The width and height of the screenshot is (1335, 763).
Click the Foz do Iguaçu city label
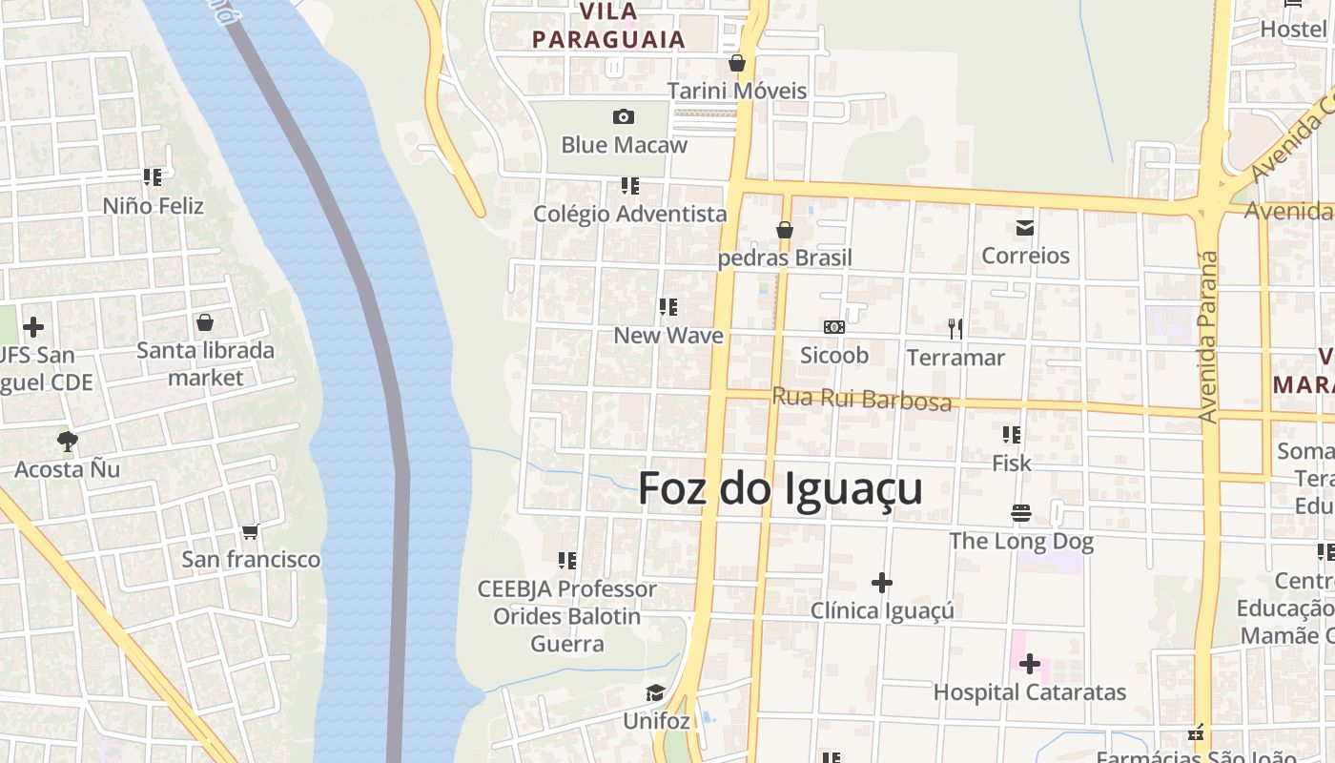click(x=780, y=488)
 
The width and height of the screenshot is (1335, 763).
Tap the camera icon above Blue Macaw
click(x=624, y=116)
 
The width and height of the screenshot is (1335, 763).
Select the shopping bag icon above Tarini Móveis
click(x=736, y=63)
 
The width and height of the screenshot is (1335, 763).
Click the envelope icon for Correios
click(x=1025, y=227)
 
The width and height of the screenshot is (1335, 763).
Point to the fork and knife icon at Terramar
click(x=955, y=329)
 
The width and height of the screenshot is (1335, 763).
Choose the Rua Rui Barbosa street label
click(x=861, y=399)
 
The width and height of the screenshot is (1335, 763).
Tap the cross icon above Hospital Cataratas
click(x=1030, y=663)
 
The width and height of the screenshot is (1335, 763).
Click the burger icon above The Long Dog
click(x=1021, y=513)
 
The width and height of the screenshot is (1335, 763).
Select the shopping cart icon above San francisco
click(x=251, y=530)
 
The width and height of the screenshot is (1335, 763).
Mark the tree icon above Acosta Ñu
click(x=67, y=441)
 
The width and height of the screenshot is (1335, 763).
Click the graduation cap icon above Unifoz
click(x=655, y=692)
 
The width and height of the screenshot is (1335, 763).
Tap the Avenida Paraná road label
click(x=1208, y=336)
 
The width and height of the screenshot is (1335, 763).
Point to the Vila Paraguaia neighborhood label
click(x=608, y=27)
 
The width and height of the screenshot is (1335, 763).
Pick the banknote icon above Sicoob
click(x=834, y=327)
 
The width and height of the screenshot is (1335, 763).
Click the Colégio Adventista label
click(x=629, y=214)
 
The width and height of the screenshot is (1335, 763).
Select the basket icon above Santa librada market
click(x=205, y=322)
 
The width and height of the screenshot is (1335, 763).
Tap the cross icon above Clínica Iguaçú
click(x=882, y=582)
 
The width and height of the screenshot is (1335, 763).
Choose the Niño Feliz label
click(x=153, y=205)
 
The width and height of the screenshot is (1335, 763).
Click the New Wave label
click(x=667, y=336)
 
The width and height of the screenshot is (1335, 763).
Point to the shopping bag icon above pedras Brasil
click(x=785, y=230)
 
